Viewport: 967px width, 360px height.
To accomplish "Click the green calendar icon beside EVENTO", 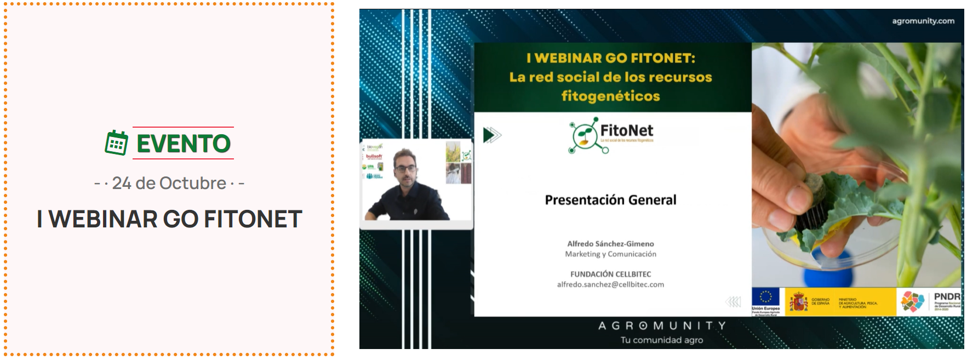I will coord(116,143).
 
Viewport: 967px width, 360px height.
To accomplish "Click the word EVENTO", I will coord(184,144).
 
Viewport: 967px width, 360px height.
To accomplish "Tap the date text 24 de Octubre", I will coord(169,183).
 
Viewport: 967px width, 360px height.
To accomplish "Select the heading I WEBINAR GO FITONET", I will coord(169,219).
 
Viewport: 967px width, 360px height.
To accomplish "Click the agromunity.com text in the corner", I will coord(923,21).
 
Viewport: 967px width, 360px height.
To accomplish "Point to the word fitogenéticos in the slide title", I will coord(610,96).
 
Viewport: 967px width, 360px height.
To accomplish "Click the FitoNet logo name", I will coord(627,130).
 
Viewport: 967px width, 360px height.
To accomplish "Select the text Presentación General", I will coord(610,200).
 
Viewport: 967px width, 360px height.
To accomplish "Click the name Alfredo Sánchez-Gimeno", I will coord(610,244).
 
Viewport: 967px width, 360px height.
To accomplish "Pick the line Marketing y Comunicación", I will coord(610,254).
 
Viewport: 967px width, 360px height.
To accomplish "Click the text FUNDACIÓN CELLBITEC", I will coord(610,274).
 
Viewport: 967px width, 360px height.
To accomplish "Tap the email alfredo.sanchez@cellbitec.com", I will coord(610,284).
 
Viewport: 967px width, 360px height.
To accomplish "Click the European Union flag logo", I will coord(765,298).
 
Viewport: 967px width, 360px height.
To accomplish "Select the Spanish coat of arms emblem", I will coord(798,302).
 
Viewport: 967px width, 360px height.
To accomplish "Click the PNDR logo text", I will coord(947,296).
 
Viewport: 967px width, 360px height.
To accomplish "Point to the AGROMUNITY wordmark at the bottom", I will coord(662,325).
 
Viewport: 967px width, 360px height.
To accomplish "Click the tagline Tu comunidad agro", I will coord(662,340).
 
